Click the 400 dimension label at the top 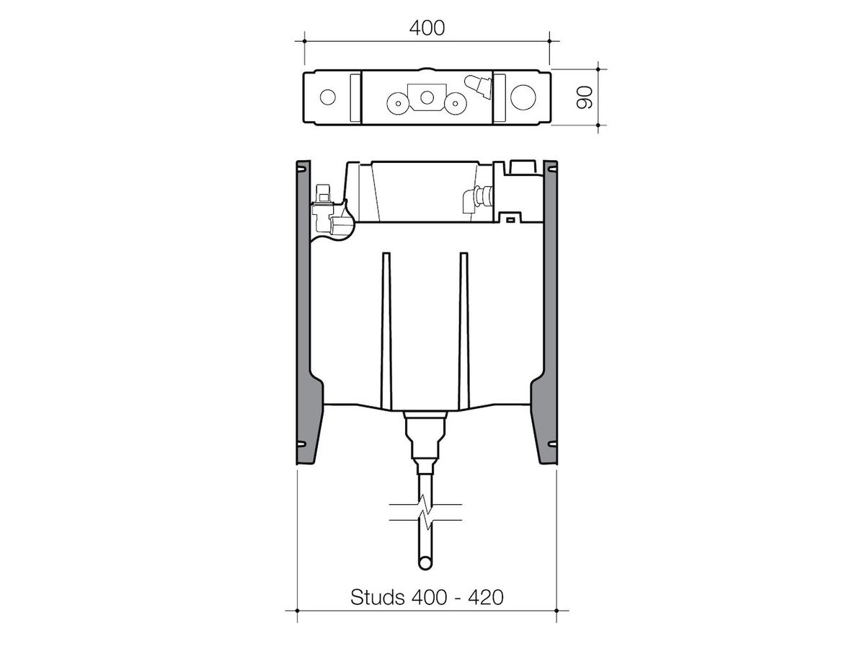pyautogui.click(x=427, y=27)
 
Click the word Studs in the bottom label pyautogui.click(x=376, y=597)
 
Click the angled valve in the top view pyautogui.click(x=476, y=86)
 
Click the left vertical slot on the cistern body pyautogui.click(x=387, y=324)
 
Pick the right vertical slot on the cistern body pyautogui.click(x=464, y=324)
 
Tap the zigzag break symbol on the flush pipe pyautogui.click(x=426, y=511)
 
